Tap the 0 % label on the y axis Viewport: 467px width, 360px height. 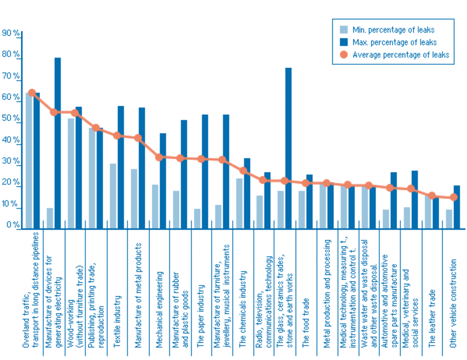point(12,226)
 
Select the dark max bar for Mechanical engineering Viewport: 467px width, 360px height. point(163,181)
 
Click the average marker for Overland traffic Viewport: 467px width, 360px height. point(32,93)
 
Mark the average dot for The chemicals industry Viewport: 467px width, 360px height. point(243,170)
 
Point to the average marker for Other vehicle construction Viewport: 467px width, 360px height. point(453,197)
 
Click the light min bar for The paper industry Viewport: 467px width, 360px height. point(197,218)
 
